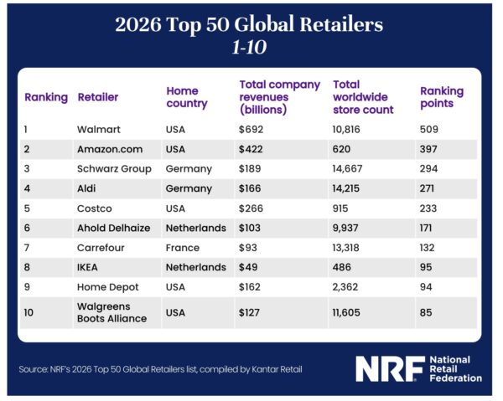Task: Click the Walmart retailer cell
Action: click(x=98, y=130)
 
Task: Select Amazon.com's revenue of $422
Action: click(x=252, y=149)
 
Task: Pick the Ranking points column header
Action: click(x=441, y=97)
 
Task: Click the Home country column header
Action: click(x=187, y=97)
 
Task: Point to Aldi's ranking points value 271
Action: click(x=427, y=188)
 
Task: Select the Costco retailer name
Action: click(x=95, y=208)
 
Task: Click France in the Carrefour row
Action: click(x=183, y=248)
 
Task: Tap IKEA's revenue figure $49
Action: click(x=249, y=267)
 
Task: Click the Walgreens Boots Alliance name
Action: click(x=111, y=312)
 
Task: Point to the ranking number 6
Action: click(x=28, y=228)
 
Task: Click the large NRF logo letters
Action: click(x=386, y=368)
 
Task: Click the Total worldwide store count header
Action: click(x=362, y=97)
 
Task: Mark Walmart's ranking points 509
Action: click(x=428, y=130)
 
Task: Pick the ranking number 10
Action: click(x=30, y=312)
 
